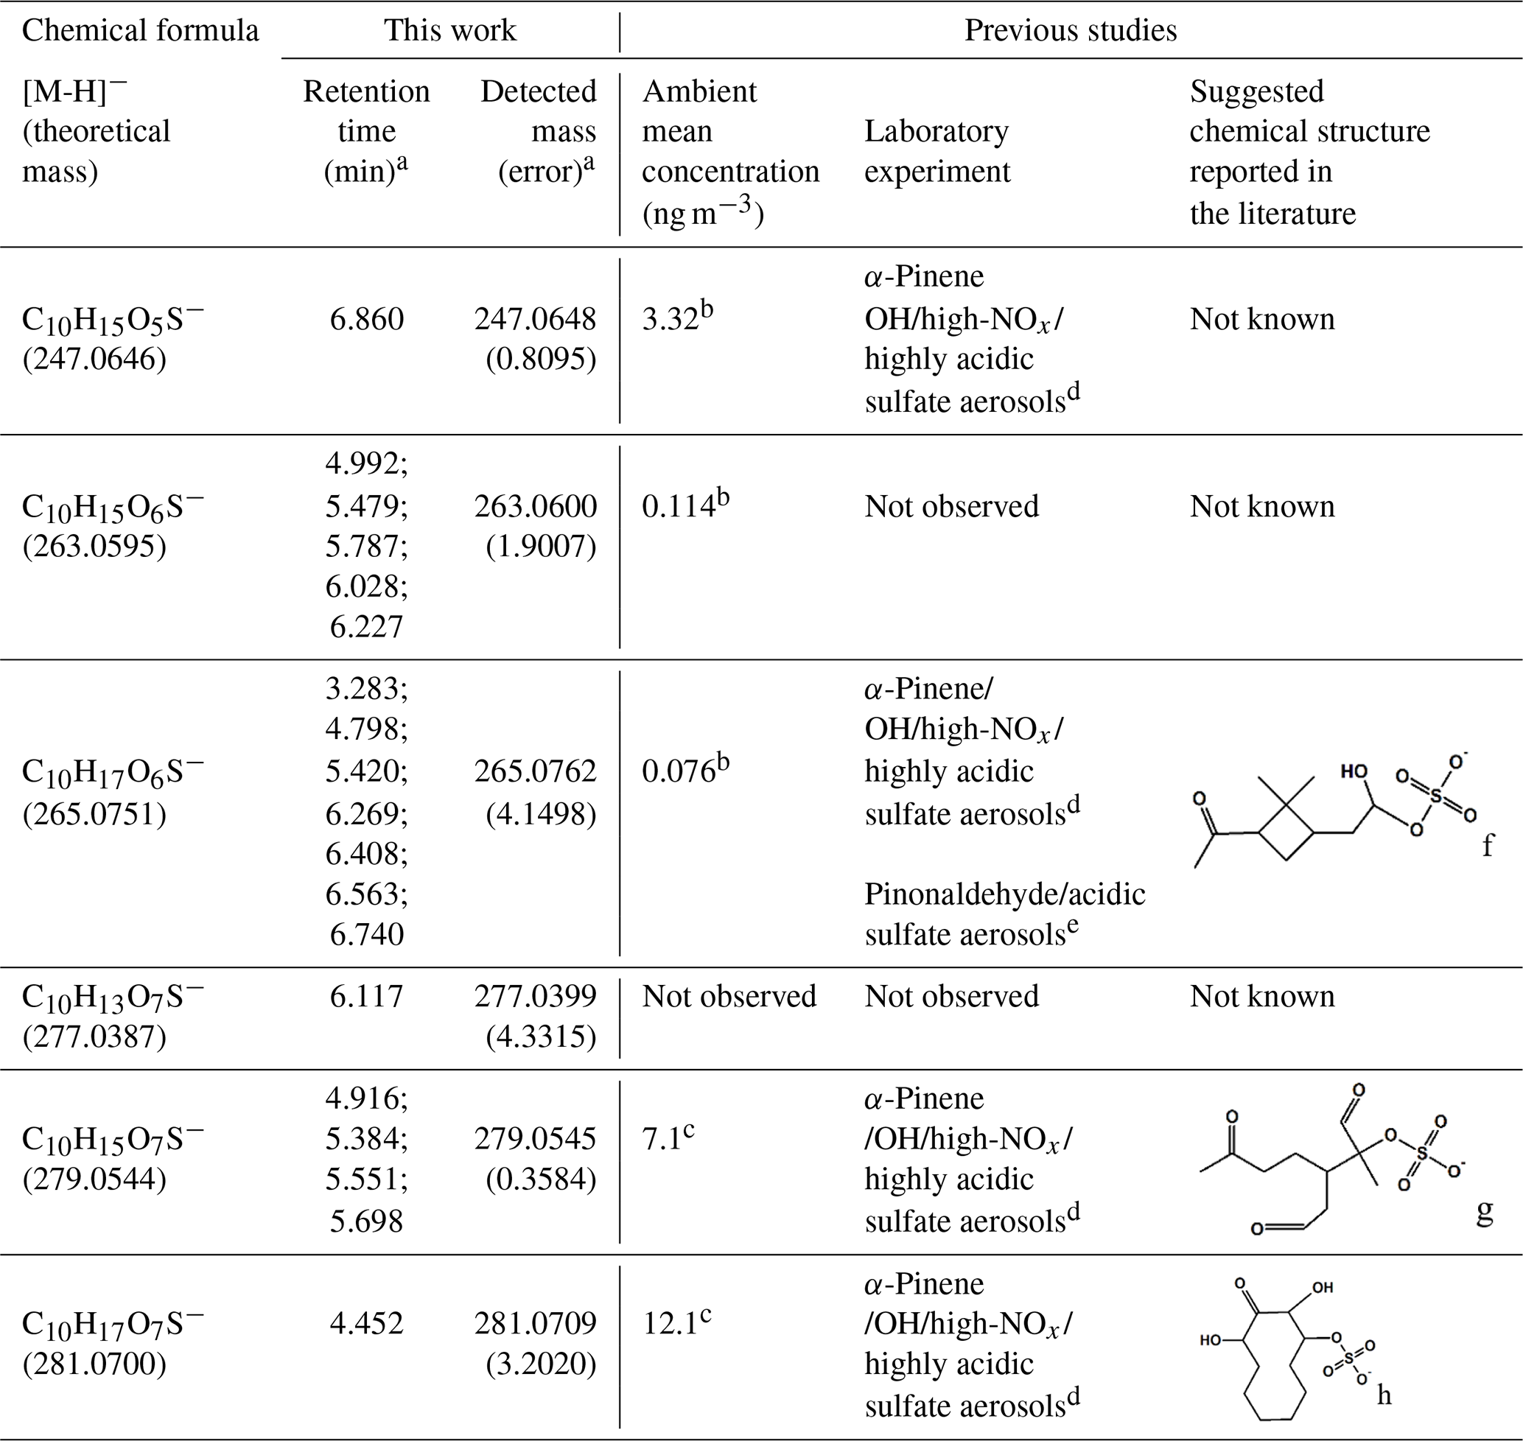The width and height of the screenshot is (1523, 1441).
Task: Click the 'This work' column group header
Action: [x=449, y=31]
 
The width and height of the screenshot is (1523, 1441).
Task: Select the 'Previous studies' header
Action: [x=1070, y=31]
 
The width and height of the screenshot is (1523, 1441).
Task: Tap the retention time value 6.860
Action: [x=366, y=319]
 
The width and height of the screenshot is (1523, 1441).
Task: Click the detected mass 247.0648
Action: [x=535, y=319]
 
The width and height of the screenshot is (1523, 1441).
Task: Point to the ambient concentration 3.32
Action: [x=669, y=319]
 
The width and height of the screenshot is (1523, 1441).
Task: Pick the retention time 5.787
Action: [x=366, y=546]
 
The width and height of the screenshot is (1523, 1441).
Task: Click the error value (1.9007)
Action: [x=541, y=546]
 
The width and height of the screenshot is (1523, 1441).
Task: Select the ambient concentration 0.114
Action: [x=678, y=506]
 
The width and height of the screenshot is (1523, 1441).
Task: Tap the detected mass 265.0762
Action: [x=535, y=771]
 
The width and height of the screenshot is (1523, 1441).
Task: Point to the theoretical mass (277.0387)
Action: [x=94, y=1037]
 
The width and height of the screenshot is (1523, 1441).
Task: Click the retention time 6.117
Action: [x=366, y=996]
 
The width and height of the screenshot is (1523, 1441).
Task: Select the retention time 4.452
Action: [x=366, y=1322]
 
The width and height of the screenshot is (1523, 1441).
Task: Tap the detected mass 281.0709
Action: [x=535, y=1322]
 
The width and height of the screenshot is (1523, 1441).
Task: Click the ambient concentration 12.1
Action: [x=668, y=1322]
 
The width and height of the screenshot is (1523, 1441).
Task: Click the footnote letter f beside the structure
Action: [x=1488, y=845]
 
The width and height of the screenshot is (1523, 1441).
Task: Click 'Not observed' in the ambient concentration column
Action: [x=729, y=996]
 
